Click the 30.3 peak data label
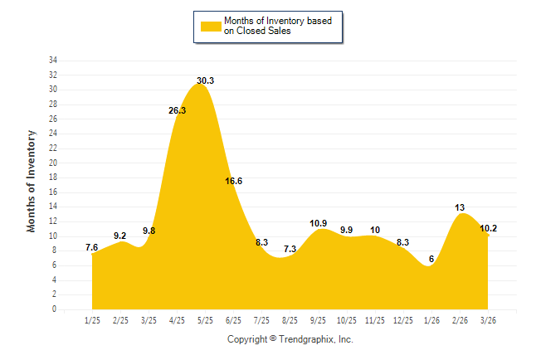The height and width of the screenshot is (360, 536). coord(206,80)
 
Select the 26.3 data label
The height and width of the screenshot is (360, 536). coord(178,109)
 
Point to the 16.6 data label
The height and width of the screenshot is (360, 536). coord(234,181)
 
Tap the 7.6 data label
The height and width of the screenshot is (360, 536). coord(93,247)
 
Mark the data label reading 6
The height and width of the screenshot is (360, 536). coord(431,259)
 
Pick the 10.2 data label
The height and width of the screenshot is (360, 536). coord(490,228)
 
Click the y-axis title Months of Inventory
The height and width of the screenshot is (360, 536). coord(32,180)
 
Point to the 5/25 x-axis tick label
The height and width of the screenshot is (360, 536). coord(206,320)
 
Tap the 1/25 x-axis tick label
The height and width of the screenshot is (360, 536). coord(93,320)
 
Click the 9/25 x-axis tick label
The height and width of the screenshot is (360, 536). coord(319,320)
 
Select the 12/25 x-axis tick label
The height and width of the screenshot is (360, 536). coord(404,320)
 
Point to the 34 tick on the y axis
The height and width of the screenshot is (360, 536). coord(53,61)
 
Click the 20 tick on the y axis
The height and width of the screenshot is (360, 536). coord(53,163)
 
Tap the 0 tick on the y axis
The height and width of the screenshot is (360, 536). coord(55,309)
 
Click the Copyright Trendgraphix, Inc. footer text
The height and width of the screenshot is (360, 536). coord(290,339)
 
